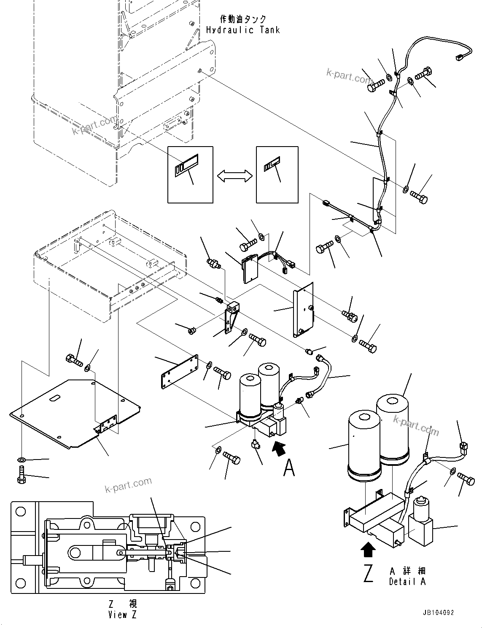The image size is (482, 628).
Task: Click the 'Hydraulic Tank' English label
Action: tap(242, 30)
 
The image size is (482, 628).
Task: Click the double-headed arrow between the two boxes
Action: tap(234, 176)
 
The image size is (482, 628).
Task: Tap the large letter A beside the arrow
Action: tap(289, 468)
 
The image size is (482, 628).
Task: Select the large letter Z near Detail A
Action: tap(368, 573)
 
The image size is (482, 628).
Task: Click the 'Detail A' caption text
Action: tap(407, 582)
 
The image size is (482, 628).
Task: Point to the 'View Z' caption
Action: tap(122, 615)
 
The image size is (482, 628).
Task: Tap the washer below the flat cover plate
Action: tap(22, 460)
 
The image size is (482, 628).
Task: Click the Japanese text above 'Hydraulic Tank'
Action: tap(243, 19)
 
